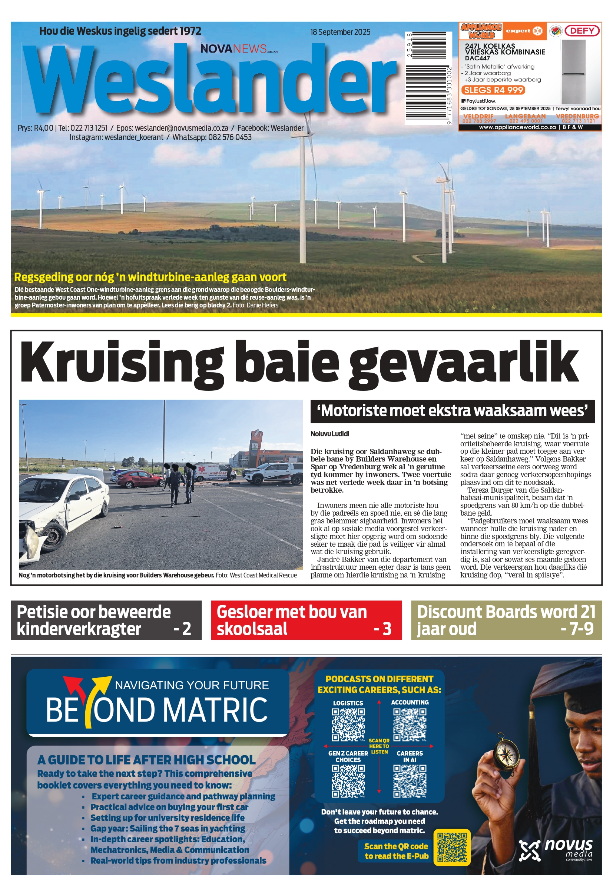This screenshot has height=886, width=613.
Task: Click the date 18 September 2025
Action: [340, 32]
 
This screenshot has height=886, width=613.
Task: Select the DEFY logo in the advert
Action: [582, 31]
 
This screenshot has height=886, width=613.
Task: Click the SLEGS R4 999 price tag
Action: [494, 90]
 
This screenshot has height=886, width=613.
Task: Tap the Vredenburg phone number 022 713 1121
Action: [578, 121]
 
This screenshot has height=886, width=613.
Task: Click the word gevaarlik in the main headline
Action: [463, 363]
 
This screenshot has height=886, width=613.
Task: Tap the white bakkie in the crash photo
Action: [273, 473]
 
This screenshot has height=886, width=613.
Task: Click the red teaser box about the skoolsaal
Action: [306, 620]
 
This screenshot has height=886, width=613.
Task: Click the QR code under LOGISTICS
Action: [348, 725]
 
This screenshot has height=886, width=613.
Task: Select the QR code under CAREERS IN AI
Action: [410, 782]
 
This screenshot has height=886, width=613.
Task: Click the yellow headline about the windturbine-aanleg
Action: [150, 277]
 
